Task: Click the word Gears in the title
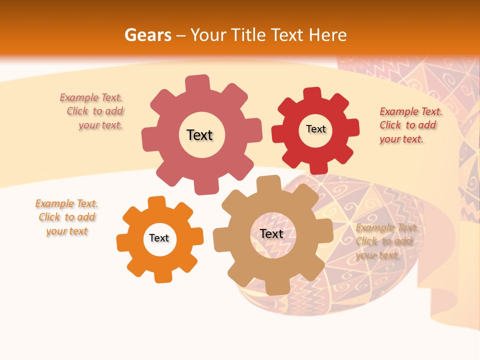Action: click(x=147, y=35)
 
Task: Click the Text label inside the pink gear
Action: click(x=199, y=135)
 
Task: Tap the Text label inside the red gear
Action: click(x=315, y=129)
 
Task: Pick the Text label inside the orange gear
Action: click(x=159, y=238)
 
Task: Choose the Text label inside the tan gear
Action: click(x=271, y=233)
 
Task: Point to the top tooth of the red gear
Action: click(x=312, y=94)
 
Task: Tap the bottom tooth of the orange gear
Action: click(x=162, y=276)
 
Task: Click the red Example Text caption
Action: click(x=410, y=125)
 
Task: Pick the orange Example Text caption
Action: click(x=67, y=217)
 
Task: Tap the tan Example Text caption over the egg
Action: click(x=386, y=241)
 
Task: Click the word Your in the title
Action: click(x=204, y=35)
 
